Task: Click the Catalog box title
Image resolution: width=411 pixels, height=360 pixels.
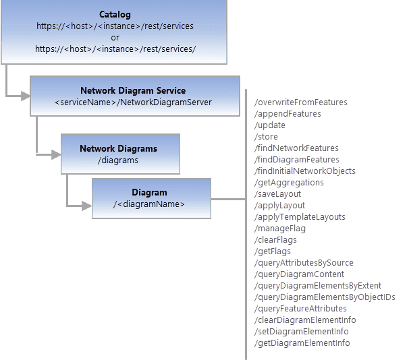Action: point(115,14)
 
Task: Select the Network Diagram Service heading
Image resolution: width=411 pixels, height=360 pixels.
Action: point(133,90)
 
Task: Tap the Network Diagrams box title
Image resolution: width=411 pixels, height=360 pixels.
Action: point(118,148)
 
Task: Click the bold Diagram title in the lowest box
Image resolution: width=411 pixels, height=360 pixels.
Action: point(149,193)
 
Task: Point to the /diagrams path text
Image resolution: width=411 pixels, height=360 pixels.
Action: point(118,160)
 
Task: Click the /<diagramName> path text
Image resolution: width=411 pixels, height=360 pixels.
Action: point(149,204)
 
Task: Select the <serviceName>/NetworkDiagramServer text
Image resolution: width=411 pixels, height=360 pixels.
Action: point(133,102)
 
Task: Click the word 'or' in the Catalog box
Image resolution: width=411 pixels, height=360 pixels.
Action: point(115,37)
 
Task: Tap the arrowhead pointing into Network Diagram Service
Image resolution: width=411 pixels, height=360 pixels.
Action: point(26,96)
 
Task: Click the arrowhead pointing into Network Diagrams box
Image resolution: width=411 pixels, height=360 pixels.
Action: point(57,154)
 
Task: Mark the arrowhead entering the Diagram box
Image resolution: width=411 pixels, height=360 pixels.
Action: point(88,204)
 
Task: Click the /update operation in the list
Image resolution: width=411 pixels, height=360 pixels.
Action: point(270,125)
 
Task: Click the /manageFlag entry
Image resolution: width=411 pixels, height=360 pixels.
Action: point(279,229)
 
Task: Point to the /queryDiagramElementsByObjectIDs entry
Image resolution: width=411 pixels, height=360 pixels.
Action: point(325,297)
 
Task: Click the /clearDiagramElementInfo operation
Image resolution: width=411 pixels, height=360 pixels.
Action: point(306,320)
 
